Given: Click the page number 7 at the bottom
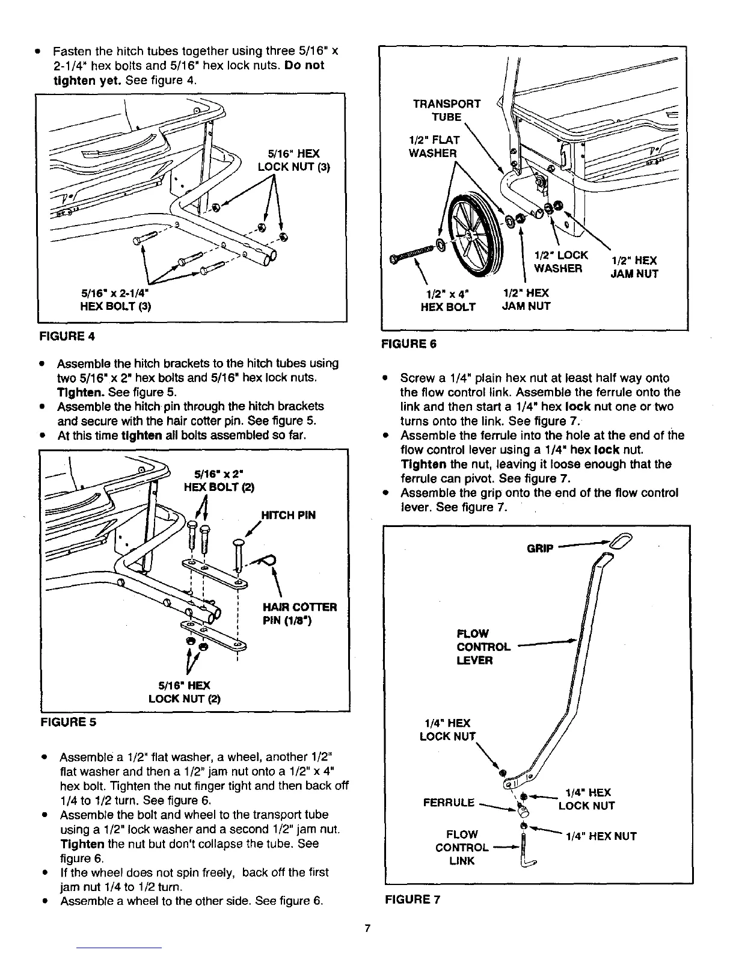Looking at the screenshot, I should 367,928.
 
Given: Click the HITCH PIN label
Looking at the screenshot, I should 288,515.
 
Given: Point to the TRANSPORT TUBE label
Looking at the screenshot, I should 446,110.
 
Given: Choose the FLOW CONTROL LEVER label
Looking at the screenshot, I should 483,647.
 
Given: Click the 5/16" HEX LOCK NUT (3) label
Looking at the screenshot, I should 293,160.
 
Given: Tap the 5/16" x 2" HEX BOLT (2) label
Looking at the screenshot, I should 219,480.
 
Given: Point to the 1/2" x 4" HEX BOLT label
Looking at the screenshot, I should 447,300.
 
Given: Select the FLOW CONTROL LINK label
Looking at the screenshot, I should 462,848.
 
